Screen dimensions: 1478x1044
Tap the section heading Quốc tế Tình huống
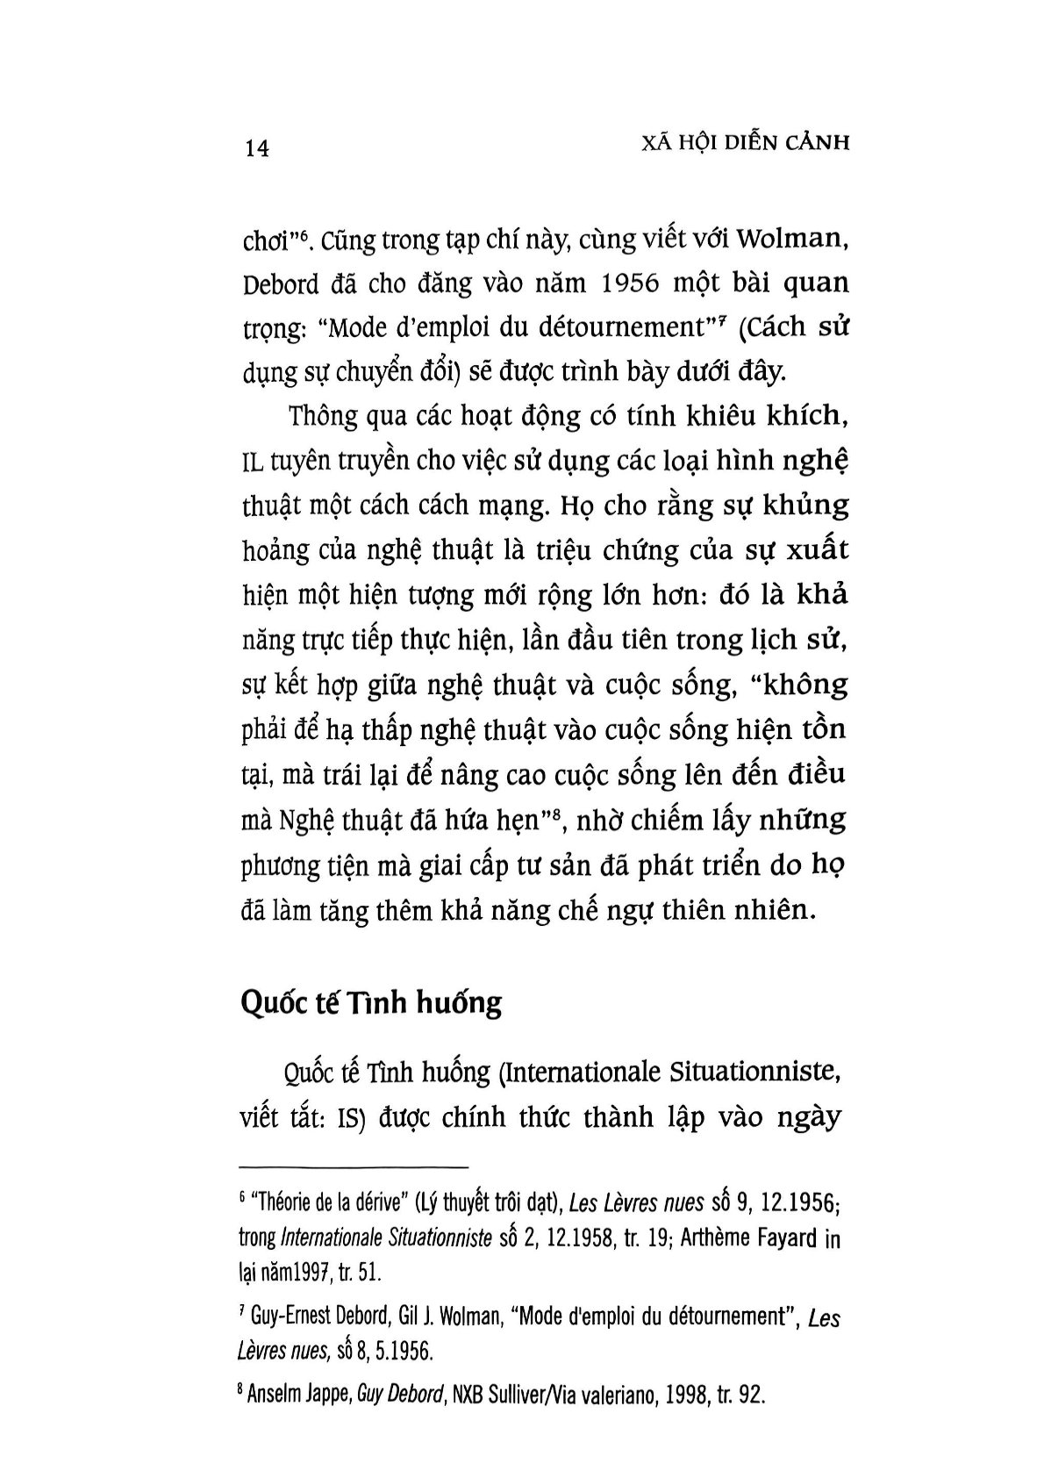pyautogui.click(x=371, y=1002)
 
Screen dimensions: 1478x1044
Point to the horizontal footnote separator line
pyautogui.click(x=354, y=1167)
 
